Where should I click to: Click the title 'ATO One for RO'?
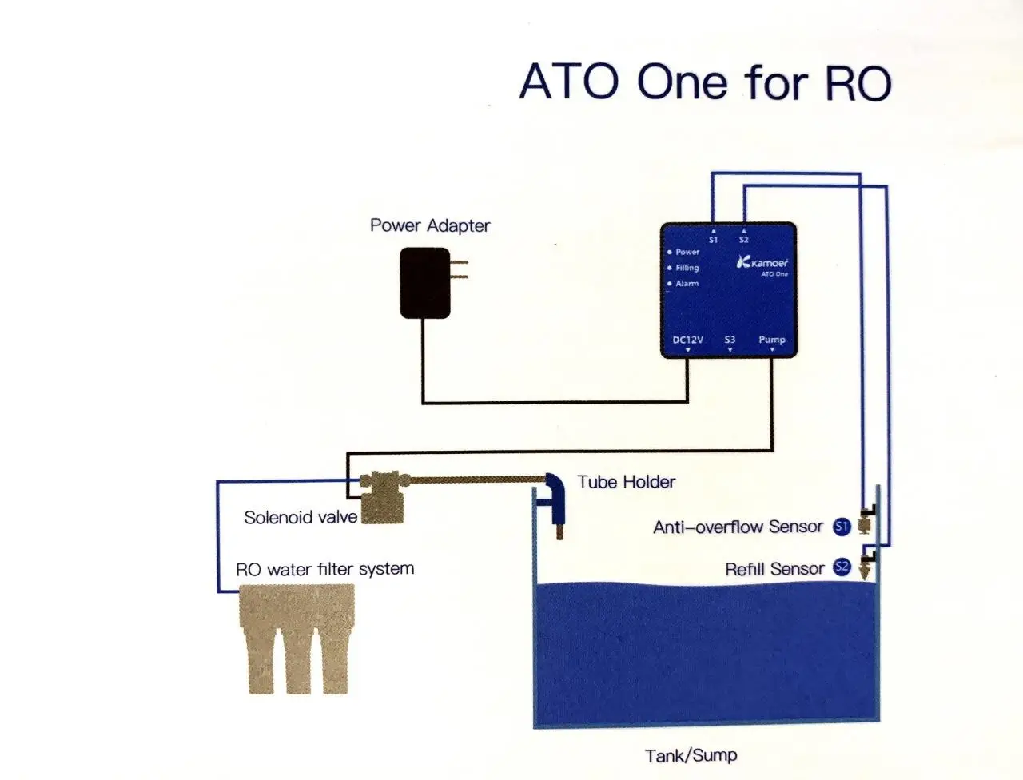(705, 82)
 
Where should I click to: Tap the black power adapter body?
(425, 283)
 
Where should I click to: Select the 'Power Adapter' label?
(430, 225)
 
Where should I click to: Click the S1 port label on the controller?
(713, 240)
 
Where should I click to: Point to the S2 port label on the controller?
(744, 240)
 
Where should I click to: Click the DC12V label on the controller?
(687, 340)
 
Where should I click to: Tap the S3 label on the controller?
(730, 340)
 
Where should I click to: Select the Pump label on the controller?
(772, 340)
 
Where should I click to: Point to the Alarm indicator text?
(687, 283)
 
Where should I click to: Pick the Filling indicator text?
(687, 268)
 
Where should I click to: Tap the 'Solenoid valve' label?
(301, 517)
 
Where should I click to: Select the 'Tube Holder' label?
(626, 482)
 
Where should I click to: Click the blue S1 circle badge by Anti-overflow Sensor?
(842, 527)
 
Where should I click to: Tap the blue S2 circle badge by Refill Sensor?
(842, 567)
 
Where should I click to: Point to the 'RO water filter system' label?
(324, 569)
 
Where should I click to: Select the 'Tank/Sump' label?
(691, 755)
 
